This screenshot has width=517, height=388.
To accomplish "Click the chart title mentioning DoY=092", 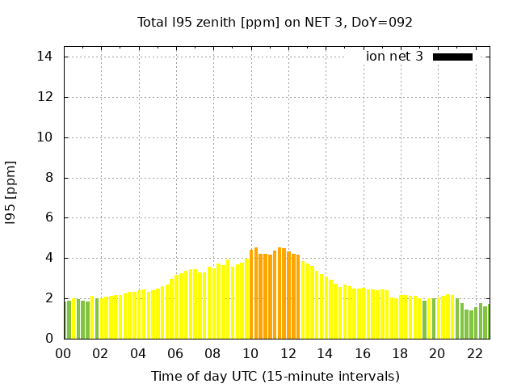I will coord(275,22).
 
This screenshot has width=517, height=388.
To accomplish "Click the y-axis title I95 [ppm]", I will coord(11,192).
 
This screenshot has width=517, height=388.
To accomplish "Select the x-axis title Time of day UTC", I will coord(275,376).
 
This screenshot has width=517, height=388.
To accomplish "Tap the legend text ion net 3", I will coord(394,57).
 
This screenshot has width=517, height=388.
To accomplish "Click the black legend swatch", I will coord(452,57).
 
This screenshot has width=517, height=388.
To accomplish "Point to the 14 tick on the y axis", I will coord(45,57).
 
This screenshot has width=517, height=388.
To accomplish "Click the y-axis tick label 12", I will coord(45,97).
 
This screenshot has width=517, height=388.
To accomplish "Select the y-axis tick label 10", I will coord(45,137).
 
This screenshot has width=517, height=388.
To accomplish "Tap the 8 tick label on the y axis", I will coord(49,178).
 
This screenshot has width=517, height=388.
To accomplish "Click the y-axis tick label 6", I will coord(49,217).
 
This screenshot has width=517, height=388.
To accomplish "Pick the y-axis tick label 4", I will coord(49,258).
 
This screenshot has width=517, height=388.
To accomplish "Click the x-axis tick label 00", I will coord(63,353).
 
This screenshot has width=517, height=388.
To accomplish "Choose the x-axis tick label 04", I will coord(138,353).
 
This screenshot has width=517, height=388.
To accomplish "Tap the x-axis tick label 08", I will coord(212,353).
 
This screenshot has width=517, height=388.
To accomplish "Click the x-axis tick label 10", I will coord(250,353).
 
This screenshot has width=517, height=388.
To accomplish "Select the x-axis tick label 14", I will coord(325,353).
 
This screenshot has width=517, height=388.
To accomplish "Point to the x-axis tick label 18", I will coord(400,353).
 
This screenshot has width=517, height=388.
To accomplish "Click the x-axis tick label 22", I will coord(474,353).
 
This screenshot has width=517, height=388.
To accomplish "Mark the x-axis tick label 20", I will coord(437,353).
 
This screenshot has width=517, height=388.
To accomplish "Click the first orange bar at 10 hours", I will coord(251,295).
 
